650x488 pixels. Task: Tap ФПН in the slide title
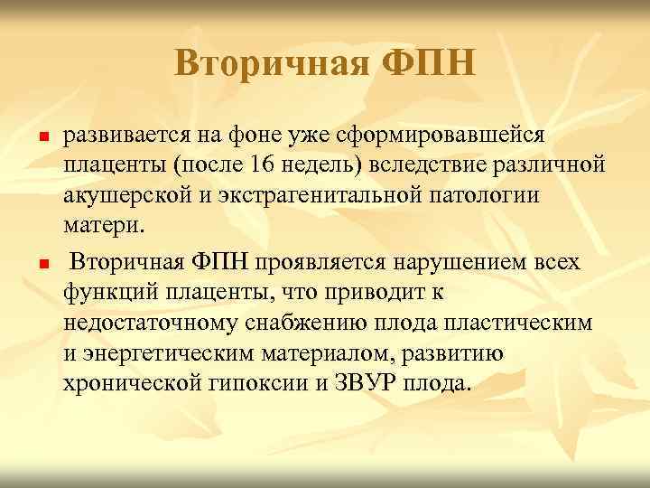point(428,63)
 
